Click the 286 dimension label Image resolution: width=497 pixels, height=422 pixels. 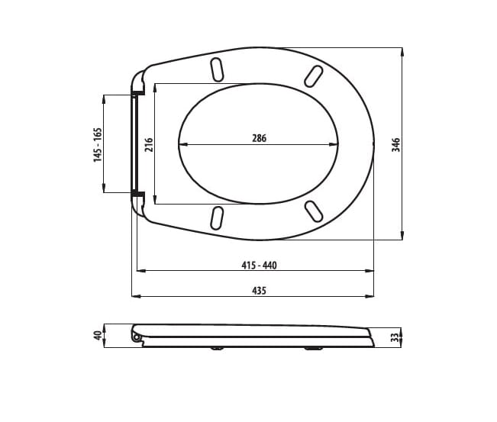259,138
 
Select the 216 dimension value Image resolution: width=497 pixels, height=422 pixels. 149,143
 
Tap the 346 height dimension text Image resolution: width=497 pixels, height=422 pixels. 395,144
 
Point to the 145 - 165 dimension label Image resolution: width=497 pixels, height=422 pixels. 97,143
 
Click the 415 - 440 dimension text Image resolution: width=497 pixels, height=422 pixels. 259,265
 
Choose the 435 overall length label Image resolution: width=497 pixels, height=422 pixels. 259,291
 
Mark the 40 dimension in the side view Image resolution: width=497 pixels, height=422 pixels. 97,336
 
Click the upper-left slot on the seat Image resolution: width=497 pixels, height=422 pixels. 217,69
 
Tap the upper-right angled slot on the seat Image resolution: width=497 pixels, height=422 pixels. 313,76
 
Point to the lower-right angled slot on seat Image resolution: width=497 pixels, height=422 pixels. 313,211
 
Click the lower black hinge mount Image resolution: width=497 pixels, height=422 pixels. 137,195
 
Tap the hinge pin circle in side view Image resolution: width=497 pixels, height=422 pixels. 137,337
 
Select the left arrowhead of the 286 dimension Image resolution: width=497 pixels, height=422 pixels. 181,144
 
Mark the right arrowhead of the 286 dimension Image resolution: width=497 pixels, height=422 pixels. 336,144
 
